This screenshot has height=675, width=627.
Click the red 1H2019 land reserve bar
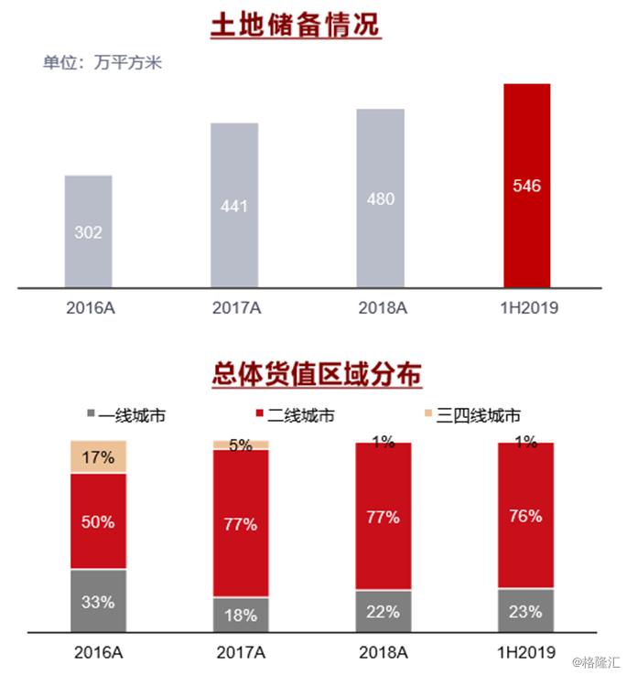pyautogui.click(x=526, y=186)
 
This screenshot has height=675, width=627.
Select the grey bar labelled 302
pyautogui.click(x=89, y=231)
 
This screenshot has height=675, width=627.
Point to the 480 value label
pyautogui.click(x=380, y=198)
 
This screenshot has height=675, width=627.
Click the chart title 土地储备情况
pyautogui.click(x=295, y=25)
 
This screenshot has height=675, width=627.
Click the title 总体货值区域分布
pyautogui.click(x=308, y=375)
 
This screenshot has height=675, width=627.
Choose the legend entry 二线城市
pyautogui.click(x=293, y=415)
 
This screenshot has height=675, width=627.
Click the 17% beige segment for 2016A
pyautogui.click(x=98, y=456)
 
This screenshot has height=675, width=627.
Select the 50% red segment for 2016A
pyautogui.click(x=98, y=521)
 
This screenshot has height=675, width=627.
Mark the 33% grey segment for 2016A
pyautogui.click(x=98, y=601)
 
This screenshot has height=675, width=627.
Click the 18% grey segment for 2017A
pyautogui.click(x=241, y=615)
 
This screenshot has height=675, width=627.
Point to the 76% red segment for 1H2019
pyautogui.click(x=526, y=516)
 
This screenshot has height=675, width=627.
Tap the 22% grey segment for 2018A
pyautogui.click(x=384, y=611)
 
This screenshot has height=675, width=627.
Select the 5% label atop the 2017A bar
pyautogui.click(x=241, y=446)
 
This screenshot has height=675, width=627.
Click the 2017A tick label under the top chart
pyautogui.click(x=234, y=308)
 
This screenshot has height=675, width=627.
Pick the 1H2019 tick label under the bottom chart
pyautogui.click(x=526, y=652)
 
